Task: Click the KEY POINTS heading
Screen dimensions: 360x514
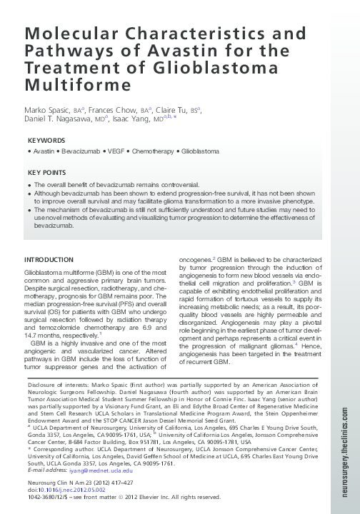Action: pos(46,173)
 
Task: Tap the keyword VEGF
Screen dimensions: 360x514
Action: pos(116,152)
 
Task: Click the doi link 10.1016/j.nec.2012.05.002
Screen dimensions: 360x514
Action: pos(71,489)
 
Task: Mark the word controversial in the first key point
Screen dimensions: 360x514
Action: pos(174,184)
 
